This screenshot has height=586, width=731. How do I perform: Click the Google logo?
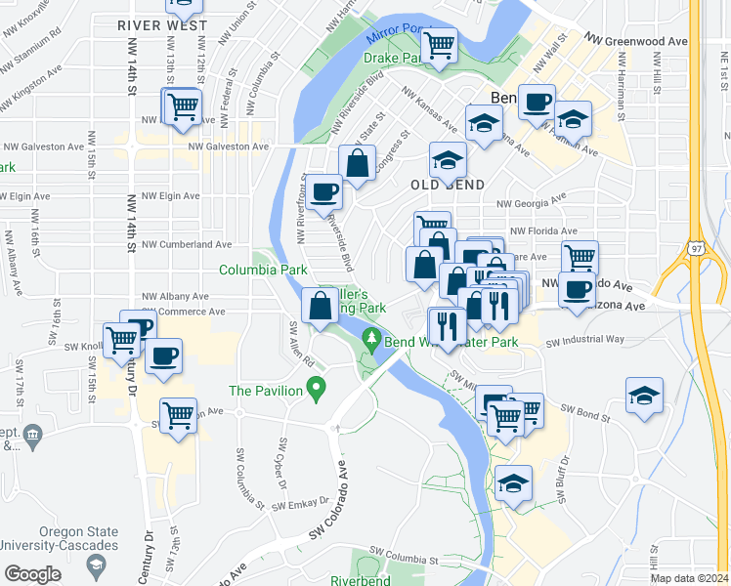33,574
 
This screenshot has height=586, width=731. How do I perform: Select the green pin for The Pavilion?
316,391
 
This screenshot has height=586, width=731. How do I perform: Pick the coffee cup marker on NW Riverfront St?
325,190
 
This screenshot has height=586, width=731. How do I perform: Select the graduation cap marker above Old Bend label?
449,159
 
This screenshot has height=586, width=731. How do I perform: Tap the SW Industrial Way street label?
585,341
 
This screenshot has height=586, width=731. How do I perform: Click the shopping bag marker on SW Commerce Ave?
320,305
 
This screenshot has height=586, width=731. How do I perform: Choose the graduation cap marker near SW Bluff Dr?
514,483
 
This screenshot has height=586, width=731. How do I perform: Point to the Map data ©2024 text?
688,578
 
